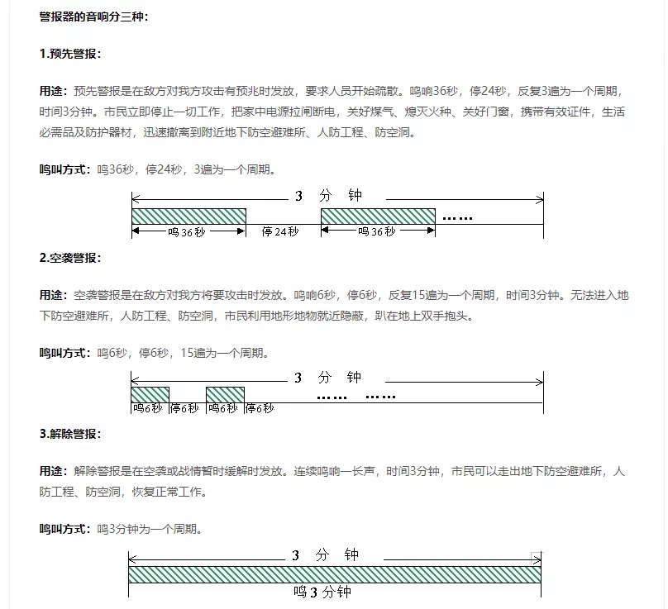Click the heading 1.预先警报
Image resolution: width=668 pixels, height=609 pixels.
70,54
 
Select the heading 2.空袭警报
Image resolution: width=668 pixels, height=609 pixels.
70,257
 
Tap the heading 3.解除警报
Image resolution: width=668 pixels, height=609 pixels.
70,434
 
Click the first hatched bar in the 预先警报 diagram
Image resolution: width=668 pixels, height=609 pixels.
188,216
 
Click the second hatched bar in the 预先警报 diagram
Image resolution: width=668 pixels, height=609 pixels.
378,216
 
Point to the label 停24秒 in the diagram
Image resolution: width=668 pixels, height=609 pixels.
280,232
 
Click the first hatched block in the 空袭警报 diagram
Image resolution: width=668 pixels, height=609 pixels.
150,394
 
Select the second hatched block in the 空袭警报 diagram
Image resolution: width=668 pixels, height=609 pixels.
225,394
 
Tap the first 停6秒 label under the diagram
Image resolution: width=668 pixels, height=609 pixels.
184,408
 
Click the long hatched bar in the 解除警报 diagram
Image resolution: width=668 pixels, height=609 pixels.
334,574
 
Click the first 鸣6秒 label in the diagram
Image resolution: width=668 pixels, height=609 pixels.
148,408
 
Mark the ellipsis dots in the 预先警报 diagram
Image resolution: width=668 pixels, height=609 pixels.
457,218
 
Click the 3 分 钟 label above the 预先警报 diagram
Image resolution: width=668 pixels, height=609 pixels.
328,196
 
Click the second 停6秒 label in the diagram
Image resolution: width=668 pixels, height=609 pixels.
259,408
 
